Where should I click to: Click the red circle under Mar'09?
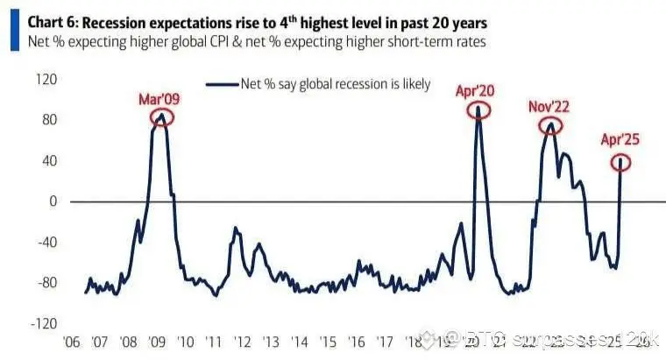(161, 116)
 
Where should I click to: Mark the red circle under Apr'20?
(478, 109)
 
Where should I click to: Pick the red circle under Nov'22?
(550, 125)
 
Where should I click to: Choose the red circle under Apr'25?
(621, 161)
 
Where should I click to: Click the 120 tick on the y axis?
(45, 80)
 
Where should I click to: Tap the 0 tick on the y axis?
(53, 201)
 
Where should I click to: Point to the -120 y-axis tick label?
(42, 323)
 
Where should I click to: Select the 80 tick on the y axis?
(47, 120)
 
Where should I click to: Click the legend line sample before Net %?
(223, 85)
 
